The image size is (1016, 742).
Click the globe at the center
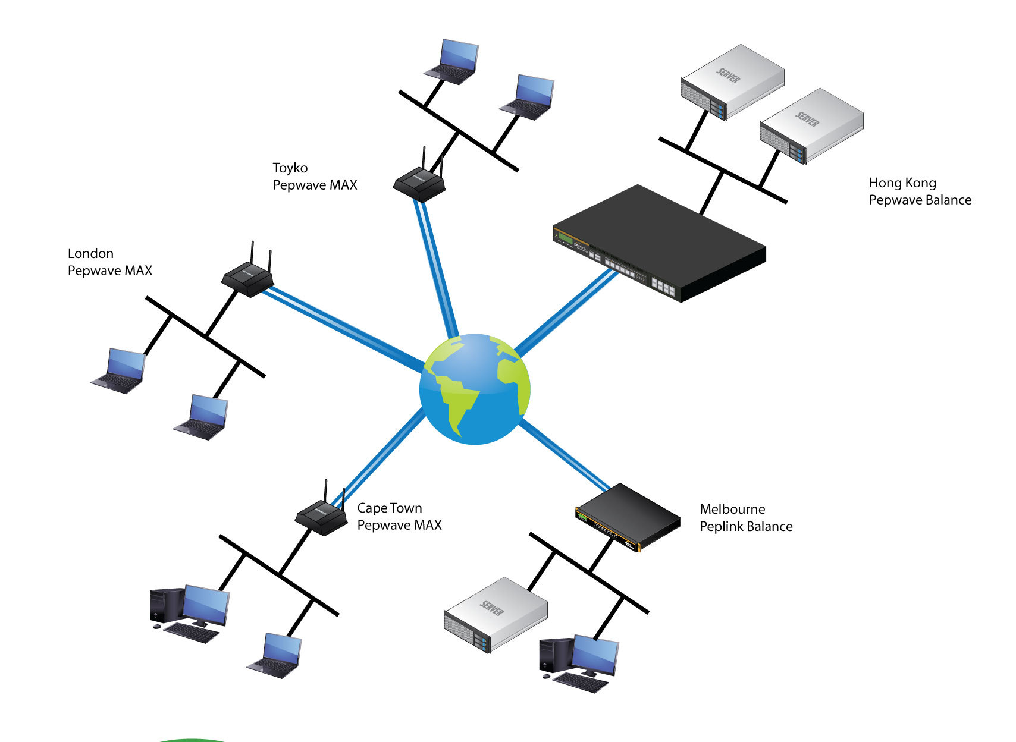click(x=474, y=389)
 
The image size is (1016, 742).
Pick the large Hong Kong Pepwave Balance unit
click(x=658, y=244)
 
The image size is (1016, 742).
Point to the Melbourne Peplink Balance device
click(x=628, y=517)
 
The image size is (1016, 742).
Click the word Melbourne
click(x=732, y=509)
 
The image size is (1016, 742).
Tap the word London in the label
click(x=90, y=254)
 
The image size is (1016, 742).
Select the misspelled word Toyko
click(x=290, y=168)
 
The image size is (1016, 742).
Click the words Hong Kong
click(x=902, y=183)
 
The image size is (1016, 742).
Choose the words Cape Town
click(x=390, y=508)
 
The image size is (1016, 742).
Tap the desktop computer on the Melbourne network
click(x=578, y=663)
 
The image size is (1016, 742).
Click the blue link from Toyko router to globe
click(x=437, y=268)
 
